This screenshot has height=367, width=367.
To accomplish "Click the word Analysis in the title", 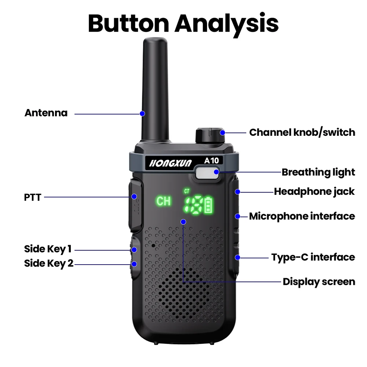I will coord(226,23).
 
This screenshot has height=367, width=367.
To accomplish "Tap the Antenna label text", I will coord(46,113).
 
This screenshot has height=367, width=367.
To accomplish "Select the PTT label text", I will coord(33,197).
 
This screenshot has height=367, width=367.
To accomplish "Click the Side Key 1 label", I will coord(48,249).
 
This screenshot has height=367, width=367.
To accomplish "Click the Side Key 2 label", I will coord(49,264).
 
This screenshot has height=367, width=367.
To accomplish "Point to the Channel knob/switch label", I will coord(302,132).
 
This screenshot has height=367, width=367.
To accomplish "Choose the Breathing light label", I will coord(318,172).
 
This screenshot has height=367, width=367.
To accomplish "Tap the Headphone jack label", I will coord(314,192).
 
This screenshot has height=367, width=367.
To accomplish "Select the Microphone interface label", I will coord(302,216).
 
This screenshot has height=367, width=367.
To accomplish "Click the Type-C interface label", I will coord(313,257).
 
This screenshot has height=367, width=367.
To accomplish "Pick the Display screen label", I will coord(319,282).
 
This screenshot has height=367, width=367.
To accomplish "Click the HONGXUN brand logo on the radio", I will coord(170,163).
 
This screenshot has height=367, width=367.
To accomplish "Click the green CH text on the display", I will coord(163,201).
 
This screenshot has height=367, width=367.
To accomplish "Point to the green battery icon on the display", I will coord(209,205).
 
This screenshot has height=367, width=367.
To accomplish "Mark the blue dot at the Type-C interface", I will coord(237,257).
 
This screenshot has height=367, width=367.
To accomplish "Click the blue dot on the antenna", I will coord(142,113).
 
